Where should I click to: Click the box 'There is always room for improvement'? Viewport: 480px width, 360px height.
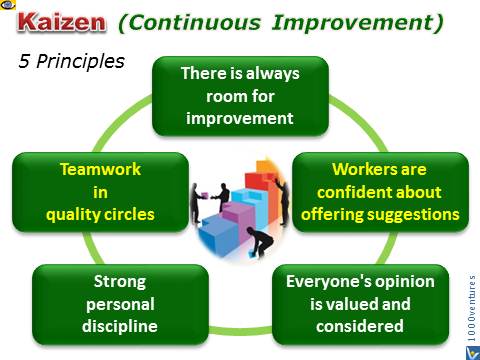tap(239, 97)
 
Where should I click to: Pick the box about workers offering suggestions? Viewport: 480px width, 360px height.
tap(380, 191)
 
